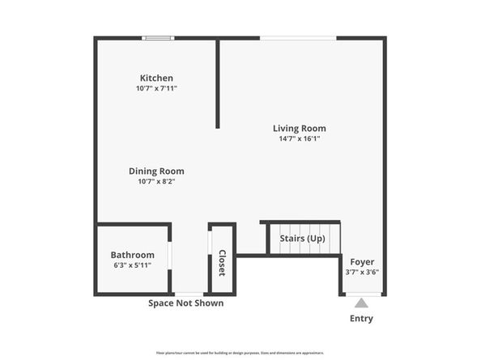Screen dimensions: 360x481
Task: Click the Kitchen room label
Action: coord(156,78)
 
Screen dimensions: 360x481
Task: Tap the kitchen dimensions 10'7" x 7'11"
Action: coord(156,88)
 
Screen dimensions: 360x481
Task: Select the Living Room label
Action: coord(299,128)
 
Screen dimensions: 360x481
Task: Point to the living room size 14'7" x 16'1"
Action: coord(299,138)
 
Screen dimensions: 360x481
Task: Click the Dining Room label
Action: coord(156,171)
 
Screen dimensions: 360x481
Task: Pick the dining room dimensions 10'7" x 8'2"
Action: coord(156,181)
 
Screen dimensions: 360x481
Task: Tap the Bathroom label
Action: coord(132,254)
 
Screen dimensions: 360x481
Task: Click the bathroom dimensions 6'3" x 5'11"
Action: coord(132,265)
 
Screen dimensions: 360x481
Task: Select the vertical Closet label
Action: coord(221,263)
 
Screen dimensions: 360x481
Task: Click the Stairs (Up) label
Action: coord(302,239)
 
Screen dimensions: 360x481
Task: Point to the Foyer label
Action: coord(362,261)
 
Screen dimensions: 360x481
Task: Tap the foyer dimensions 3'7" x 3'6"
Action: coord(362,272)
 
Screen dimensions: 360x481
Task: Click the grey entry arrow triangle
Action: coord(362,303)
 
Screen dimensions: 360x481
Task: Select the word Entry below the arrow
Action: coord(362,318)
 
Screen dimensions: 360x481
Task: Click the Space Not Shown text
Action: coord(185,303)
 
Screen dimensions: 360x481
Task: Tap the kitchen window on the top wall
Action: coord(159,37)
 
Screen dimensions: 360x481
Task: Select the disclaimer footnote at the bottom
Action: coord(240,353)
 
